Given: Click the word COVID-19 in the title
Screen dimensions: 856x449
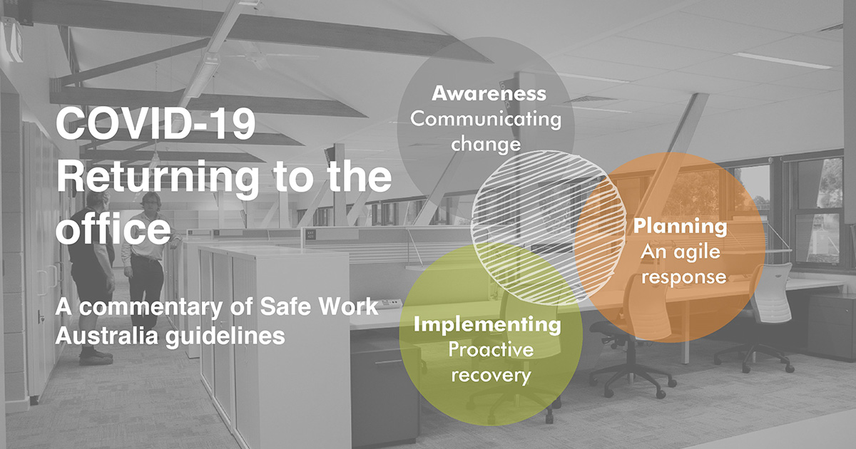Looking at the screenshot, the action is tap(156, 124).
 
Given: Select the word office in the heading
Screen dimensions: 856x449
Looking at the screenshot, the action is tap(113, 228).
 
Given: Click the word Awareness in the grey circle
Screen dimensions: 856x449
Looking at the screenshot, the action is tap(489, 93).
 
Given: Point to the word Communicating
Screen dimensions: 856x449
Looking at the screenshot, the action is tap(486, 119).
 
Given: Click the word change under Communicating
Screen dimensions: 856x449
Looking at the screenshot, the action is tap(486, 144).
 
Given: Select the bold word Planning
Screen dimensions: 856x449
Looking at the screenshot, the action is tap(681, 227).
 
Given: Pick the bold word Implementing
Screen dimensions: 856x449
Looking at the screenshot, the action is tap(487, 325).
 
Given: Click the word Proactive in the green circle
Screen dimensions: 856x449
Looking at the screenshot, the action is tap(491, 350).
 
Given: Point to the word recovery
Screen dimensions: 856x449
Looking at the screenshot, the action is tap(491, 376).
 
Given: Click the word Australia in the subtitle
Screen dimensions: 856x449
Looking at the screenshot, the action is tap(106, 336).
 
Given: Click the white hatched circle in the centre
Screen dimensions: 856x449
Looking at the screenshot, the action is tap(549, 228).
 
